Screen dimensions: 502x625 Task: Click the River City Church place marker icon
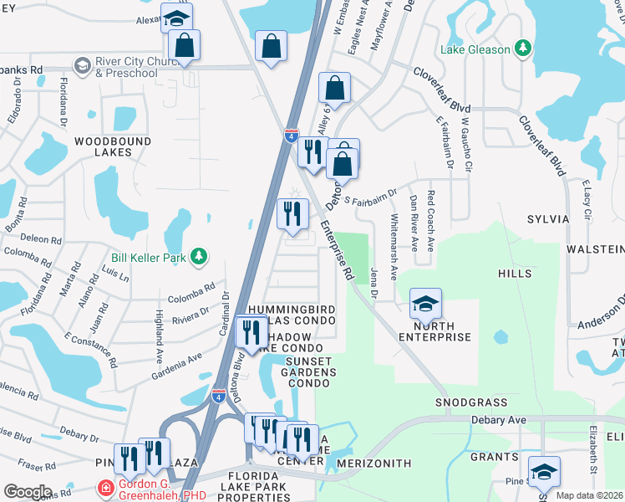[82, 65]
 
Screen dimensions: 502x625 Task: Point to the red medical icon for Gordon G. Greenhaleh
[105, 487]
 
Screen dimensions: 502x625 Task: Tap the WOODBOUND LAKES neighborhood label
[103, 147]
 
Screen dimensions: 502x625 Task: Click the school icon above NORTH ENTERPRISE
[425, 304]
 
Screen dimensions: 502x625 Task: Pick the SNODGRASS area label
[470, 402]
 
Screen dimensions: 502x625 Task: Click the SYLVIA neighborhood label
[547, 219]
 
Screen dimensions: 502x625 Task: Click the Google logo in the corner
[28, 492]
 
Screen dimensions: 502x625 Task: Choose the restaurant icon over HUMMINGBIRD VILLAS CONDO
[251, 332]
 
